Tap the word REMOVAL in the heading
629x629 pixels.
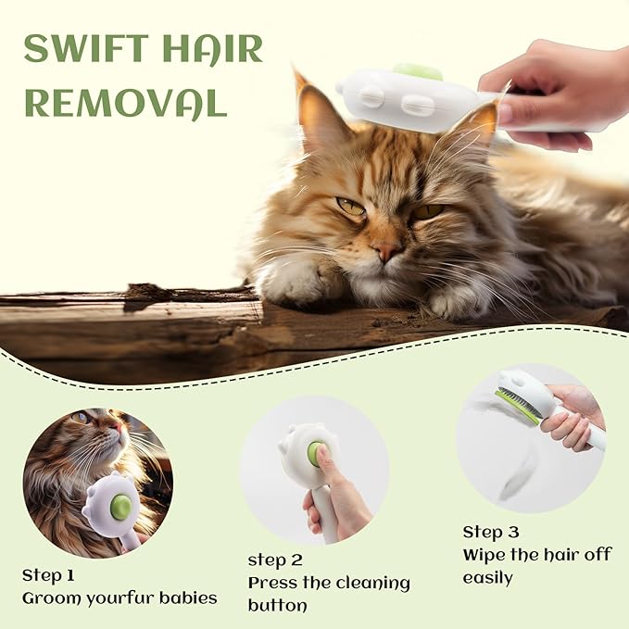click(x=125, y=103)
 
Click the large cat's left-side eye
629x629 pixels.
click(x=350, y=207)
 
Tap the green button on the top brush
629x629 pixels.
click(x=418, y=71)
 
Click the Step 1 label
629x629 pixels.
click(x=48, y=575)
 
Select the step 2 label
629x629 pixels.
click(x=274, y=560)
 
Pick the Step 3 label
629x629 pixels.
click(x=491, y=532)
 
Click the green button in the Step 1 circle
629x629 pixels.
click(x=120, y=507)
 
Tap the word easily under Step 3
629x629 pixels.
click(x=487, y=577)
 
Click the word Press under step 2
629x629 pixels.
click(x=273, y=583)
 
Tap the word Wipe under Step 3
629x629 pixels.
click(x=484, y=554)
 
